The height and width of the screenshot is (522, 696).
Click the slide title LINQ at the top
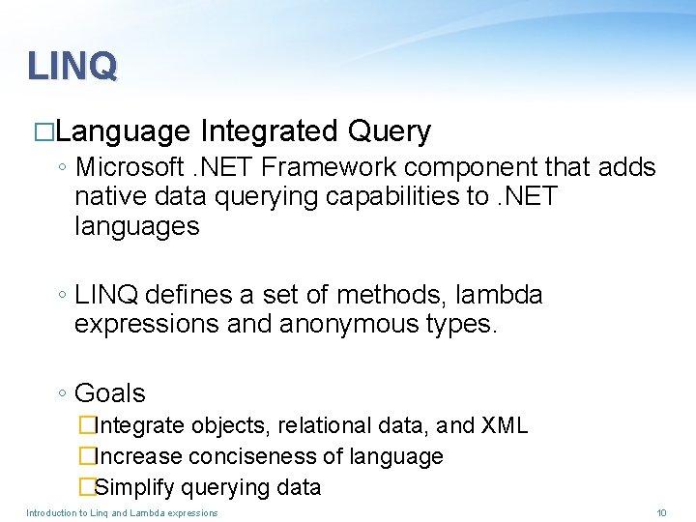[x=72, y=66]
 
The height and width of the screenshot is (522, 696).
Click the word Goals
[x=109, y=393]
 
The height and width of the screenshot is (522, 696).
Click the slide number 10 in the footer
[x=661, y=512]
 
